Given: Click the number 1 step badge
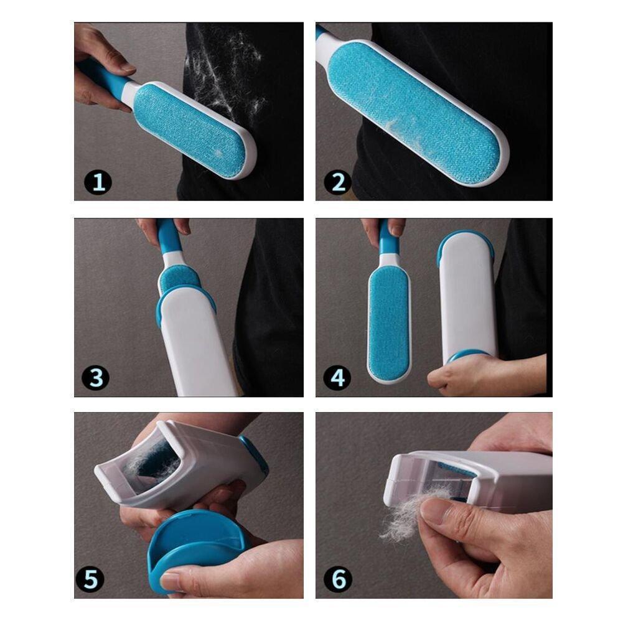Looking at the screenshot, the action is click(98, 182).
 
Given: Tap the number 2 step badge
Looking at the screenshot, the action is click(338, 182).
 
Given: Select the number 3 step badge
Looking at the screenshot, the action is click(96, 377).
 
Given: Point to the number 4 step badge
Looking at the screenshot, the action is click(337, 377).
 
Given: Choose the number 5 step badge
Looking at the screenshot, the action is click(90, 579).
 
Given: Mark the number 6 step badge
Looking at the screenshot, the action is click(338, 579).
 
